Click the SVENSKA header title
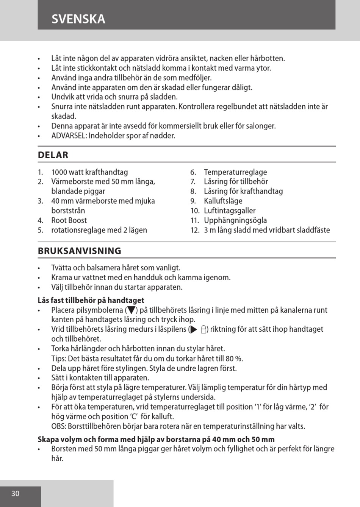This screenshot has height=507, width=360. click(x=78, y=19)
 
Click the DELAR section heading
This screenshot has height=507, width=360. click(x=53, y=155)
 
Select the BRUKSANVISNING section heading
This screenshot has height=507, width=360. click(x=80, y=251)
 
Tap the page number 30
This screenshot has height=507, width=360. click(x=15, y=493)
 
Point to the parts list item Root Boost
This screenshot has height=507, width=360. click(x=69, y=220)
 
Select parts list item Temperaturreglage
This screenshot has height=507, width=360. click(x=235, y=172)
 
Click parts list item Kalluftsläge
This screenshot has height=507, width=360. click(x=223, y=201)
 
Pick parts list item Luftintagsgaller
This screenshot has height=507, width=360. click(x=230, y=211)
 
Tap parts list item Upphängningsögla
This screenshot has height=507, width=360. click(x=235, y=220)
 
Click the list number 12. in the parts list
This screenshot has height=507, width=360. click(x=195, y=230)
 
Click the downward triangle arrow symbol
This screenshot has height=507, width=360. click(x=131, y=310)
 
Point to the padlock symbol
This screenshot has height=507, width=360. click(x=203, y=329)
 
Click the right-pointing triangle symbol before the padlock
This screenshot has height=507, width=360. click(x=194, y=329)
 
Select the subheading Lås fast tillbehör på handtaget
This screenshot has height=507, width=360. click(x=91, y=300)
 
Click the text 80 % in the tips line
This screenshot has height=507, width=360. click(x=234, y=359)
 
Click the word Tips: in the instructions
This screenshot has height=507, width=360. click(x=59, y=359)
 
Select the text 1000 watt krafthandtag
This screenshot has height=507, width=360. click(x=89, y=172)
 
